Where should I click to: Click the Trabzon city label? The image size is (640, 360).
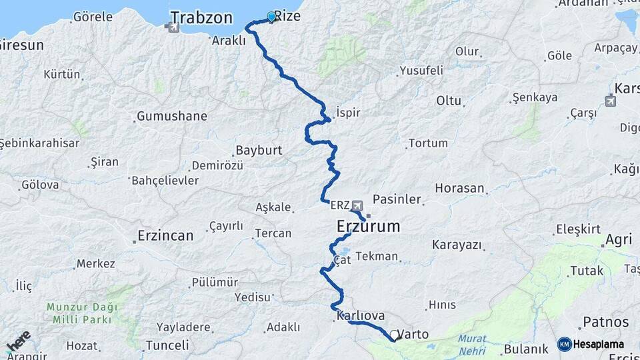(201, 17)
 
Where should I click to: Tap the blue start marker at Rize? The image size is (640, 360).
(271, 17)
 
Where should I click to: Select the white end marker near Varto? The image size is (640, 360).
(395, 336)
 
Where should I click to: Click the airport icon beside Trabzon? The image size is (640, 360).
(174, 27)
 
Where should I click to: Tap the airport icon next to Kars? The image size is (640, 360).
(611, 101)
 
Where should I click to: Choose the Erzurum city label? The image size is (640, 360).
(368, 227)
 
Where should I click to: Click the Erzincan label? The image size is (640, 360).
(165, 235)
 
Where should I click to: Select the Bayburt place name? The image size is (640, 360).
(259, 151)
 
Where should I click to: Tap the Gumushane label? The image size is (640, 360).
(172, 117)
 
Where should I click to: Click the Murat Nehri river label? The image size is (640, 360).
(472, 343)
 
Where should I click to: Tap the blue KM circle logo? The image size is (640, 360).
(564, 344)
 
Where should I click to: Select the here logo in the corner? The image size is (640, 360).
(18, 341)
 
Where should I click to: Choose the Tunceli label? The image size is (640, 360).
(167, 345)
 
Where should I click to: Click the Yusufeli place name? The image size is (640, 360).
(421, 70)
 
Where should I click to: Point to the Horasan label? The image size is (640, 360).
(459, 189)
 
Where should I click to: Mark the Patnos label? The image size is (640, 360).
(605, 322)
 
